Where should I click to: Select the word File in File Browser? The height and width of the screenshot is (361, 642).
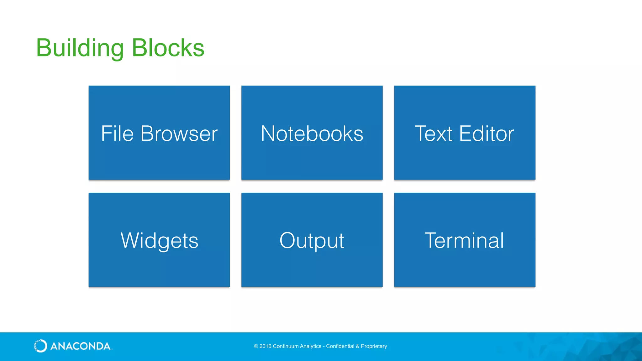point(117,133)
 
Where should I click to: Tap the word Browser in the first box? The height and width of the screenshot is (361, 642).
point(179,133)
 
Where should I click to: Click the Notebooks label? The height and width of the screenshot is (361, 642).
point(312,133)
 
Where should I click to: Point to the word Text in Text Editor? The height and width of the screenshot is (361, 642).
point(434,133)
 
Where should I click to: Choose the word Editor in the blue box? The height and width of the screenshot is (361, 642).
point(487,133)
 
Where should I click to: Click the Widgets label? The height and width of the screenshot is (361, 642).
point(159,241)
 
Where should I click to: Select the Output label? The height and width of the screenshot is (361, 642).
point(312,241)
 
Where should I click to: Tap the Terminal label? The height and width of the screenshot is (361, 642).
point(464,241)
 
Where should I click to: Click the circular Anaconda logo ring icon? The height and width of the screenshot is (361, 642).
point(40,346)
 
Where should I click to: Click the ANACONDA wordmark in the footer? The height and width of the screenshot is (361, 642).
point(80,346)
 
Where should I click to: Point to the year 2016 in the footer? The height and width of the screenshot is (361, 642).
point(265,346)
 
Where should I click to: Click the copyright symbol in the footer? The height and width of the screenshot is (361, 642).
point(256,346)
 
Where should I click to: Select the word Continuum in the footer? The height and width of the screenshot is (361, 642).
point(286,346)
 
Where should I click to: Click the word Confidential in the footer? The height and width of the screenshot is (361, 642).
point(340,346)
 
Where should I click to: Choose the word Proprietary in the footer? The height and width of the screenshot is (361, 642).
point(374,346)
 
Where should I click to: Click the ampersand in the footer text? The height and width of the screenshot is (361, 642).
point(357,346)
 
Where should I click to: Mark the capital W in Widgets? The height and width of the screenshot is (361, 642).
point(130,241)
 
